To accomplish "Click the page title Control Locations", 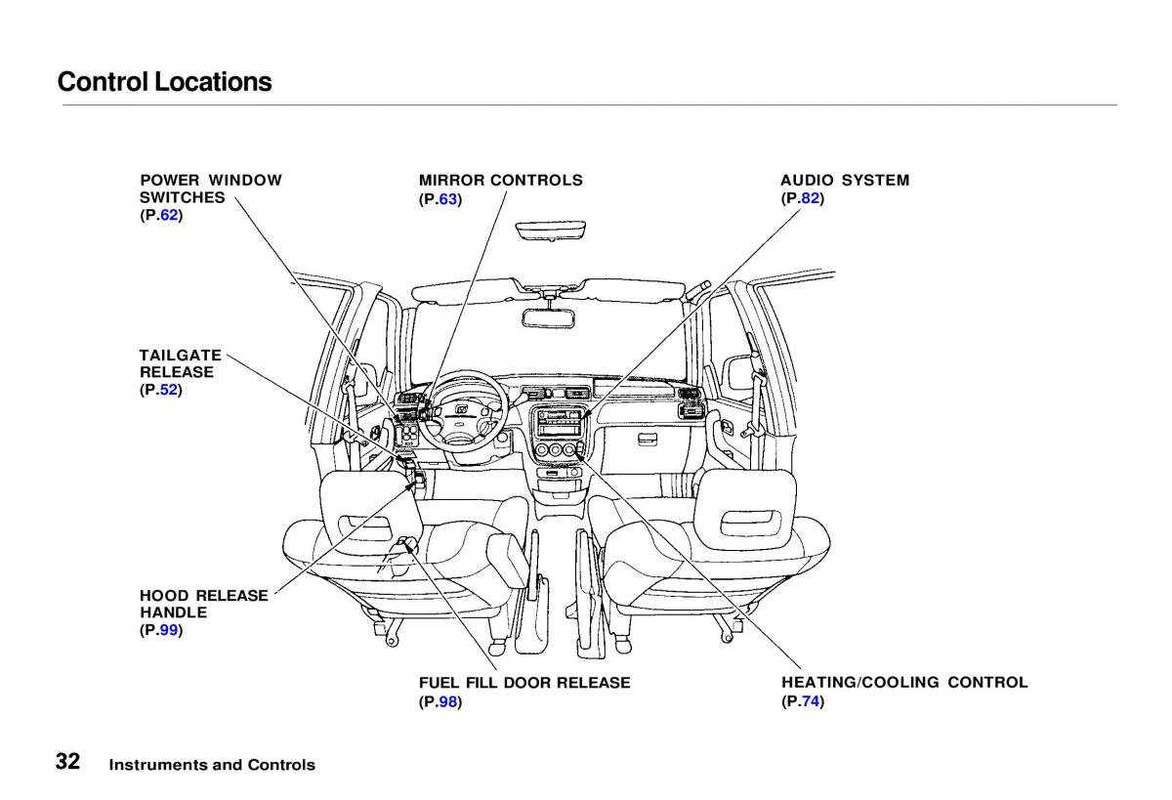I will point(164,82).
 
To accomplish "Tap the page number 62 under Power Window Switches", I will point(169,215).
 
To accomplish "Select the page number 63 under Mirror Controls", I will point(447,198).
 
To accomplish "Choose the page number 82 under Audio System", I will point(810,198).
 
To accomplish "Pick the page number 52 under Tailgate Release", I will point(169,390).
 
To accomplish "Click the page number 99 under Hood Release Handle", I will point(169,630).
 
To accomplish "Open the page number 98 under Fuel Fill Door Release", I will point(448,701).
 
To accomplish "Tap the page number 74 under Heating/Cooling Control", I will point(811,701).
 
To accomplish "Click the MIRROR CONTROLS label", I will point(500,180).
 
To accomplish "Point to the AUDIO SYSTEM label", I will point(844,180).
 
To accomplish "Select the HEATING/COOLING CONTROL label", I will point(903,682).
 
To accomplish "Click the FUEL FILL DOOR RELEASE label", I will point(524,682).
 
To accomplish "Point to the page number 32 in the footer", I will point(68,763).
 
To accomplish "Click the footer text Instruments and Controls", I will point(212,765).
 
